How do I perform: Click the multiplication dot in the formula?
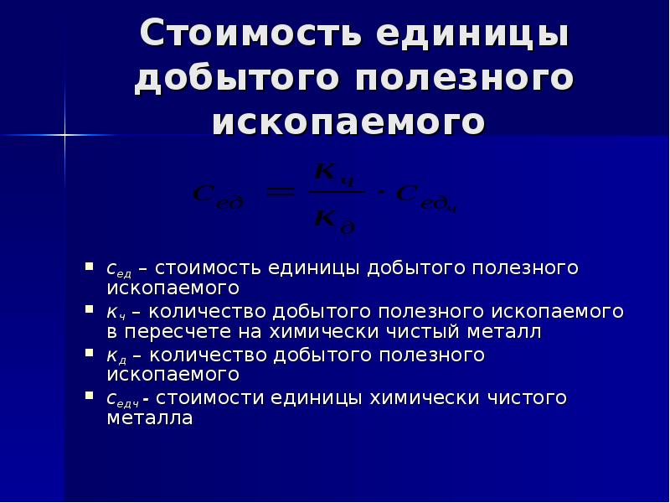click(380, 194)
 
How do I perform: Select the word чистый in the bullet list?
click(443, 332)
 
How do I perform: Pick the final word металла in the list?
click(150, 417)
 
